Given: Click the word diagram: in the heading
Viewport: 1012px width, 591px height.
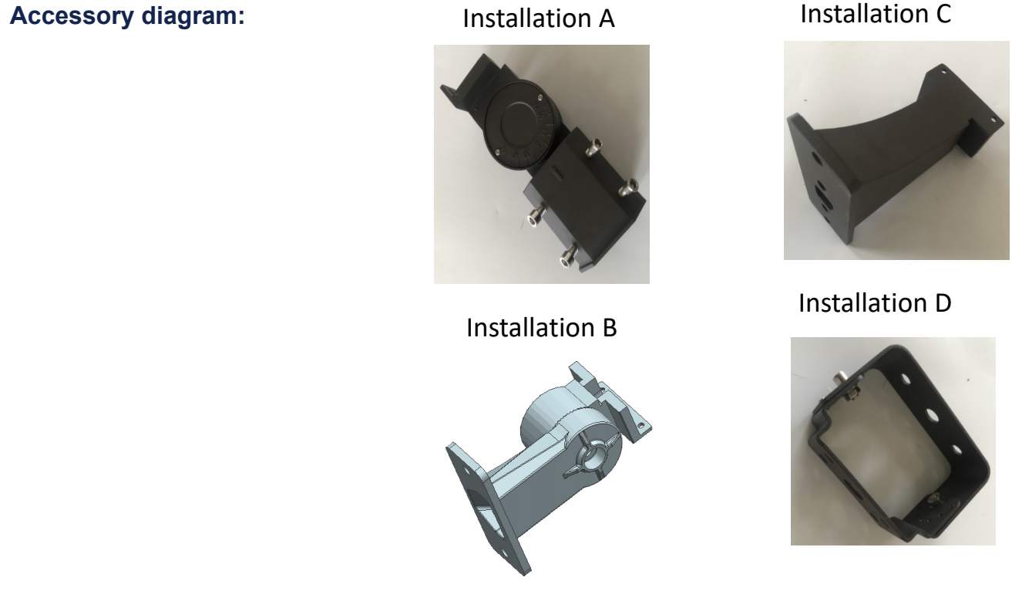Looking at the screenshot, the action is coord(193,16).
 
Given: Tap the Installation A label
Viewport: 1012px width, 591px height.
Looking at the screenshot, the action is coord(539,19).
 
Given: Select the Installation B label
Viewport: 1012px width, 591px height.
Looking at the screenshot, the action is coord(541,327).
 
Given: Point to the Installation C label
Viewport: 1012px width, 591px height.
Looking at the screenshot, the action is coord(876,14).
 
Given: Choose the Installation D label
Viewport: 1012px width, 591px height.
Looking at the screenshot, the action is coord(875,302).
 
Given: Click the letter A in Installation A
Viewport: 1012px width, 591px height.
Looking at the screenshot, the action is coord(607,19).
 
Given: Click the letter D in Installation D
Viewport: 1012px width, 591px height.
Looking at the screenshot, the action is coord(943,303).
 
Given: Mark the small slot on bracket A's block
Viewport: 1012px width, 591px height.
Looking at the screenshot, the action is coord(558,172).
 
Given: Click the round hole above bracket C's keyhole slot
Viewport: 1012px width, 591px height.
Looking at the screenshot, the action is coord(816,157).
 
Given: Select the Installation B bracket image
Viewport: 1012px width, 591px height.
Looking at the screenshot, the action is coord(549,468).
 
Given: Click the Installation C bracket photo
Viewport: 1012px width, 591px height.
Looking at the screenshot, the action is coord(896,150).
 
